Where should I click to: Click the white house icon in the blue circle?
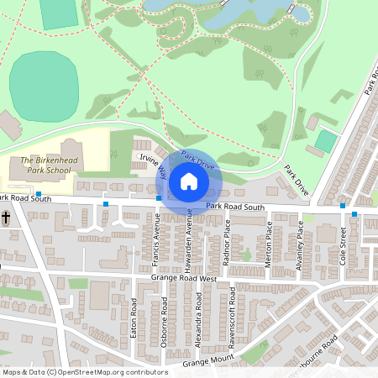[x=188, y=181]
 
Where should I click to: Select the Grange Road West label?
[x=184, y=278]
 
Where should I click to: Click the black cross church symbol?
[x=6, y=218]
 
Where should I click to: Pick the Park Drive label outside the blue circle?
[x=297, y=180]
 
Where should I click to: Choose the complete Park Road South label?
[x=235, y=207]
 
